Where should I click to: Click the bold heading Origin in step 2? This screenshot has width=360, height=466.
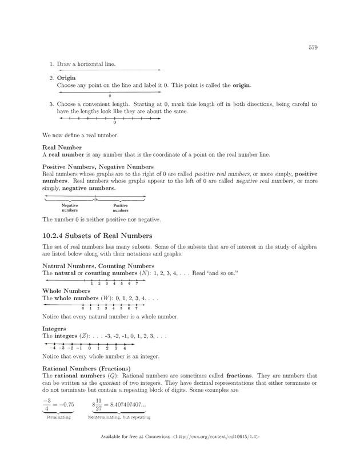pyautogui.click(x=66, y=77)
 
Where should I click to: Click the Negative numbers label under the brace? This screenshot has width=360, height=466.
pyautogui.click(x=69, y=207)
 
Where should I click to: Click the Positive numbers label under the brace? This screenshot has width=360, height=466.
pyautogui.click(x=121, y=207)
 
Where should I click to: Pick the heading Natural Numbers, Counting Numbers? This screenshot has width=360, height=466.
pyautogui.click(x=98, y=266)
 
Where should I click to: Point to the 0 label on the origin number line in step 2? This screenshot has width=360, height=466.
pyautogui.click(x=110, y=96)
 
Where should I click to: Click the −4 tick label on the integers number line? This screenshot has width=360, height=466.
pyautogui.click(x=52, y=348)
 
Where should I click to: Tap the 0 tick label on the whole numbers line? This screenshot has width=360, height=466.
pyautogui.click(x=83, y=309)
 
